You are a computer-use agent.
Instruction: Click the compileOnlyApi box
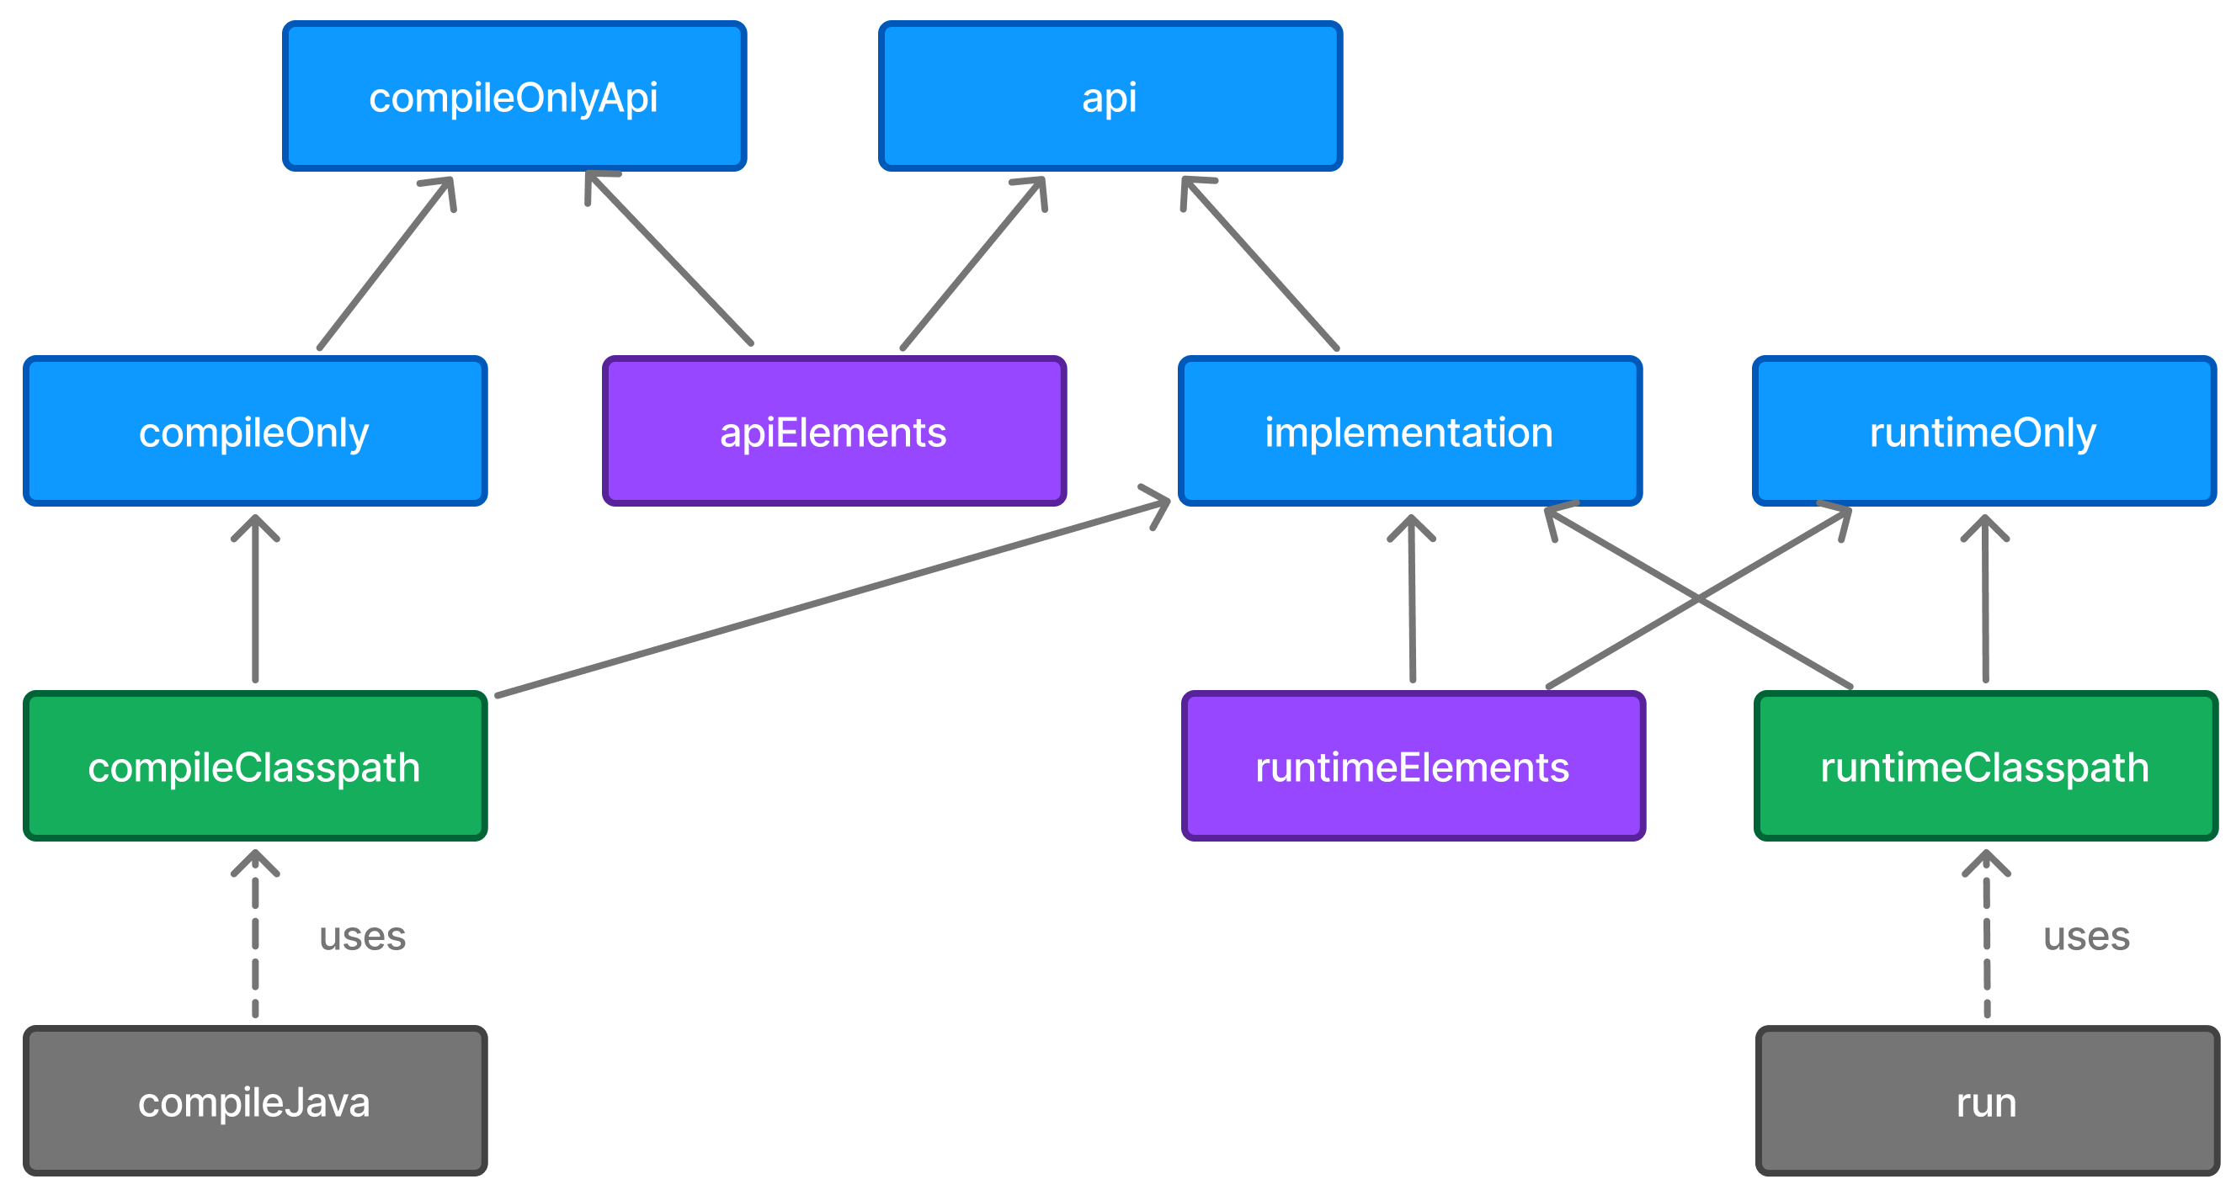[x=514, y=96]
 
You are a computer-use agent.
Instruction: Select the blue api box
[x=1110, y=96]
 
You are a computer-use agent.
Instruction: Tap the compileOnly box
[x=254, y=431]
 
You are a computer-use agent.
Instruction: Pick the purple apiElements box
[x=833, y=431]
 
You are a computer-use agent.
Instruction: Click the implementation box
[x=1409, y=431]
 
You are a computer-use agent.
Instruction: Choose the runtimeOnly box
[x=1983, y=431]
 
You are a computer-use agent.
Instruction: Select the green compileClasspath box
[x=254, y=767]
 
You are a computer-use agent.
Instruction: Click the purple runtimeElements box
[x=1413, y=767]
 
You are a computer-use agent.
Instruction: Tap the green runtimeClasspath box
[x=1985, y=767]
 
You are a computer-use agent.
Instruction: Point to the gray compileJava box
[x=254, y=1102]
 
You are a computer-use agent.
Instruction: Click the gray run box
[x=1987, y=1102]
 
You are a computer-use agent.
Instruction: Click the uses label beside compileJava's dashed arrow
[x=362, y=936]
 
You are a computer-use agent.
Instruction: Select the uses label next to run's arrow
[x=2086, y=936]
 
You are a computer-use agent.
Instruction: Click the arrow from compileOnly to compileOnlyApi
[x=386, y=264]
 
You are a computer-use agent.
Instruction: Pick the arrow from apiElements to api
[x=972, y=264]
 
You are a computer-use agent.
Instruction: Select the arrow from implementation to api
[x=1260, y=264]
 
